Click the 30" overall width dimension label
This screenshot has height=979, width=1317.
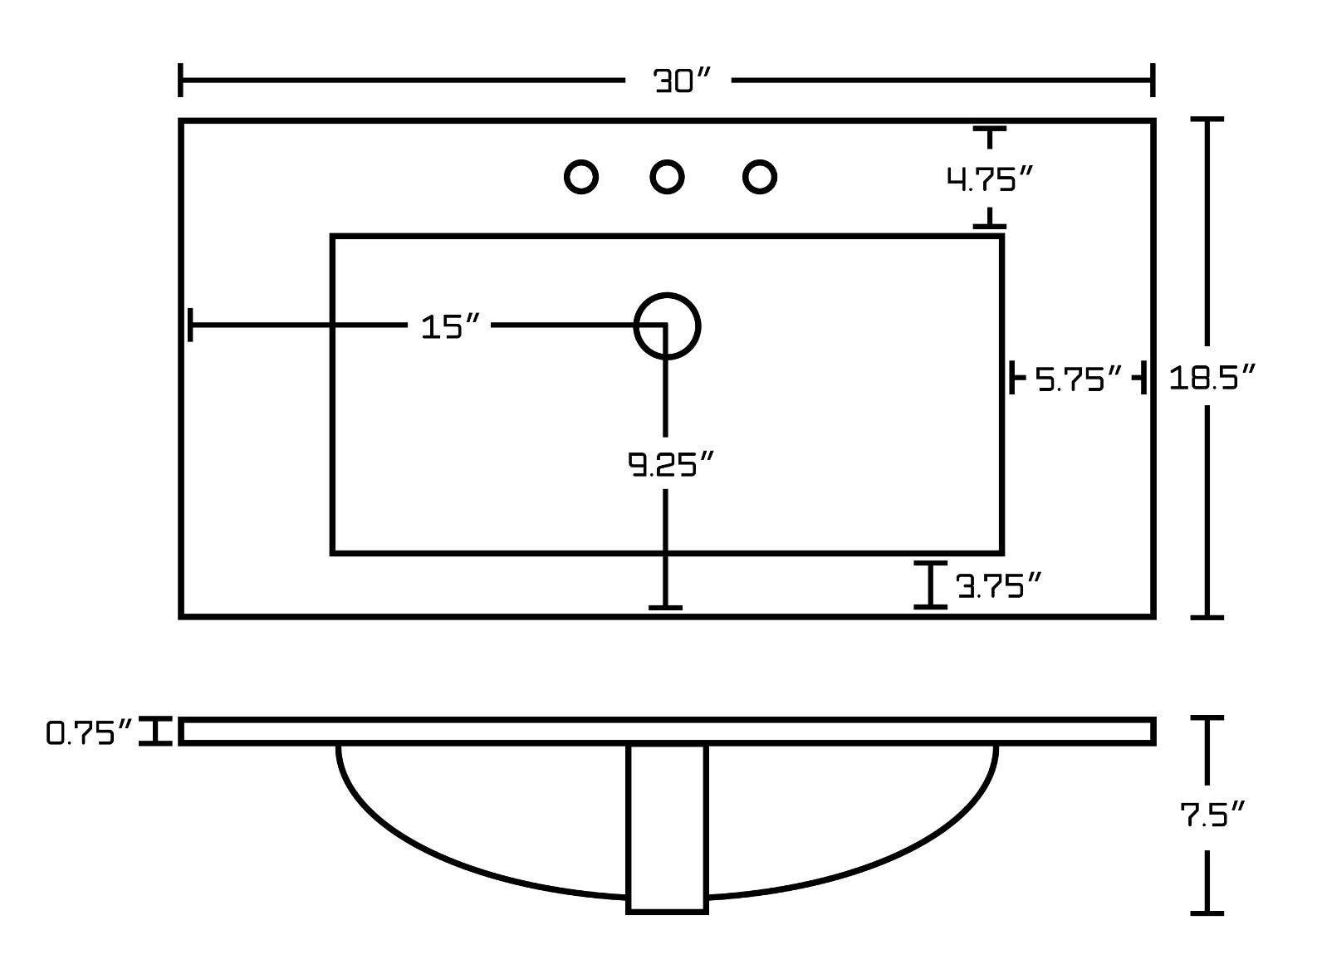[x=681, y=81]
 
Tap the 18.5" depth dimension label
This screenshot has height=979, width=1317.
[x=1212, y=377]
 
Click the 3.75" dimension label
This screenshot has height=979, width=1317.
[x=999, y=586]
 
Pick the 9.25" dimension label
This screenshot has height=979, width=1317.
[x=670, y=463]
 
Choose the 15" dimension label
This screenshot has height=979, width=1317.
[x=449, y=326]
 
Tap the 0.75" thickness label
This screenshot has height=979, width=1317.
[x=89, y=732]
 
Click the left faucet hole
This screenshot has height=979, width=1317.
[x=580, y=176]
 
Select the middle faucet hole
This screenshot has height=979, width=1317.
[x=667, y=176]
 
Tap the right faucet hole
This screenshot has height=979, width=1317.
[x=760, y=176]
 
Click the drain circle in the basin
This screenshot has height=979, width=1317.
[x=667, y=326]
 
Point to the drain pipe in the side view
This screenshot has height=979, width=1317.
[x=667, y=830]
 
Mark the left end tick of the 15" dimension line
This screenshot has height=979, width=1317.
[x=190, y=325]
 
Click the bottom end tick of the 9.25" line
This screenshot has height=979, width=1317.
[x=665, y=607]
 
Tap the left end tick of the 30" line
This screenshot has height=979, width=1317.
[x=180, y=80]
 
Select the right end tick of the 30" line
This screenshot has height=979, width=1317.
[x=1153, y=80]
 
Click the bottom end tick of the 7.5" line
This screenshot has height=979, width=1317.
[x=1207, y=913]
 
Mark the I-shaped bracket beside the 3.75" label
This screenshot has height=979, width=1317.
[x=930, y=585]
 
